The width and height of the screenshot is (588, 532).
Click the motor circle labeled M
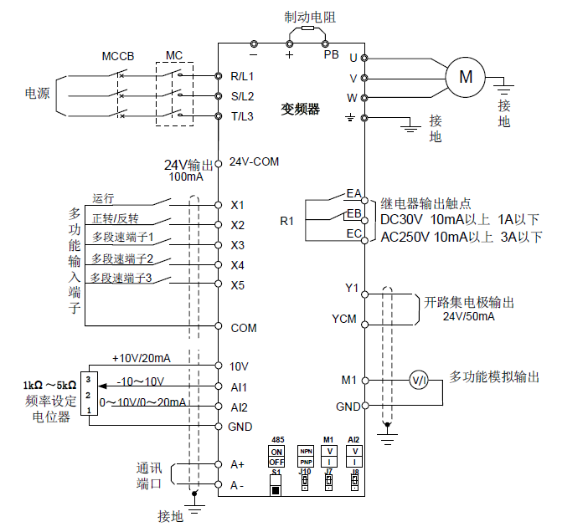coord(466,77)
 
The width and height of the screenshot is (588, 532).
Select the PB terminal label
coord(331,54)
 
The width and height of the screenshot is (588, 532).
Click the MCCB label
coord(118,56)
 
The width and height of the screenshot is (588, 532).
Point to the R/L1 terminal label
coord(242,76)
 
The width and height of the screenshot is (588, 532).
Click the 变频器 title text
coord(300,109)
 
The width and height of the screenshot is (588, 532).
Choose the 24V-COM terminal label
coord(254,161)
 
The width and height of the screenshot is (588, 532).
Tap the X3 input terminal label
coord(237,245)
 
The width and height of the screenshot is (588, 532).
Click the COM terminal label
coord(243,328)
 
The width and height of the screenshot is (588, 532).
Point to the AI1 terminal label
coord(239,387)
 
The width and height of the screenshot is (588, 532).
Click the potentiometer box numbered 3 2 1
coord(87,394)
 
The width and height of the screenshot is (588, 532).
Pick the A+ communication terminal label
coord(237,463)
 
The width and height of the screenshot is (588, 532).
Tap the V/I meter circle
coord(419,381)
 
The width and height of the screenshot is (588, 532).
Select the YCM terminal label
coord(344,319)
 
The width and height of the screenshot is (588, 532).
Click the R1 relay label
coord(287,221)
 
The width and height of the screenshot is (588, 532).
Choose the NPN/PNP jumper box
coord(304,457)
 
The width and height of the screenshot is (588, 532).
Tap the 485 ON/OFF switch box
coord(276,457)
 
